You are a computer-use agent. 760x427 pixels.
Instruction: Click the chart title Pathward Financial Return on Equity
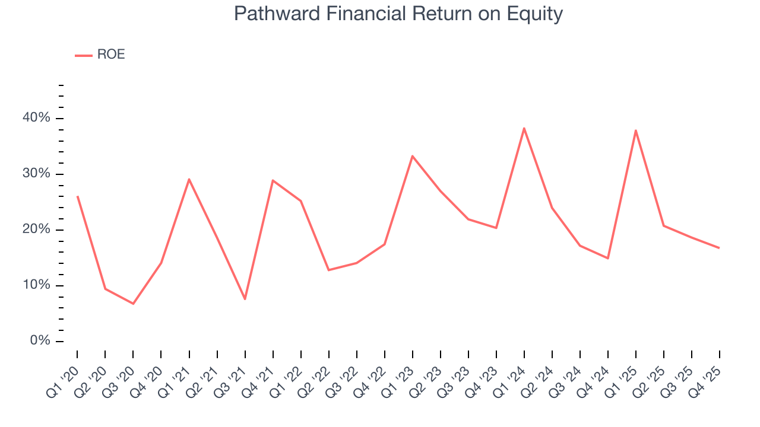tap(398, 14)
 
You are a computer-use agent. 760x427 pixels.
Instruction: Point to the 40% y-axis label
tap(37, 118)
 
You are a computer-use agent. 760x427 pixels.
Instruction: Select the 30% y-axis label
tap(37, 174)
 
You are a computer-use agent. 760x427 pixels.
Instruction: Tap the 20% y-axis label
tap(37, 230)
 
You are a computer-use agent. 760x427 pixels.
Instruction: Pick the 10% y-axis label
tap(37, 285)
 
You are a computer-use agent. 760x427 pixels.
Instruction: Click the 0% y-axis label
tap(40, 341)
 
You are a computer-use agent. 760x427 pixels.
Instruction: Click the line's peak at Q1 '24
tap(524, 128)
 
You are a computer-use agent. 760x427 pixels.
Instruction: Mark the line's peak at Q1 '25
tap(636, 130)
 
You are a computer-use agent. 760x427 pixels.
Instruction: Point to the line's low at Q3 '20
tap(133, 304)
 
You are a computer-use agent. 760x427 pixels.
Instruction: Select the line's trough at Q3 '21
tap(245, 299)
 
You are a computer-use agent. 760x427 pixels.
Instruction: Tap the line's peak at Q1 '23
tap(412, 156)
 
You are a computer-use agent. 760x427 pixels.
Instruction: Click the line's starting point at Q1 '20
tap(77, 196)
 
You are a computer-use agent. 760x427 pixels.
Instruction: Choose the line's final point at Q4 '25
tap(720, 248)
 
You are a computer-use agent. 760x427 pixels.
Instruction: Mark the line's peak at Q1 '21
tap(189, 179)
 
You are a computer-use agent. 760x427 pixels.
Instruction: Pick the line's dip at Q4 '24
tap(608, 258)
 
